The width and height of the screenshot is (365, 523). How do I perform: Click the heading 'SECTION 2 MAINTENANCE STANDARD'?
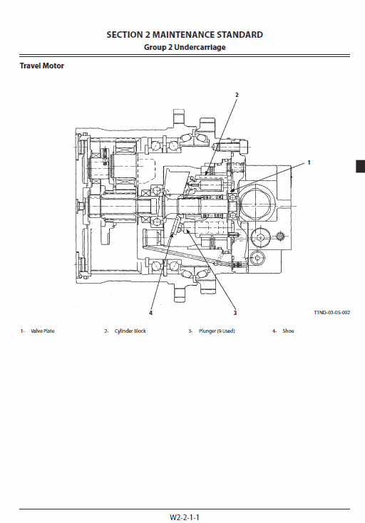pyautogui.click(x=184, y=34)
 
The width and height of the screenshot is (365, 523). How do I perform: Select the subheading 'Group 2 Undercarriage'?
pyautogui.click(x=184, y=47)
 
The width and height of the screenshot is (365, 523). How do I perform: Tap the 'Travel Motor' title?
pyautogui.click(x=41, y=66)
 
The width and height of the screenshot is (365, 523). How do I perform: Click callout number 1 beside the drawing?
pyautogui.click(x=309, y=162)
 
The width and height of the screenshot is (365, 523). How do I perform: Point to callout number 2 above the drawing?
pyautogui.click(x=237, y=95)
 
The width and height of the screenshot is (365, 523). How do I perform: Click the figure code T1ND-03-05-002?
pyautogui.click(x=332, y=312)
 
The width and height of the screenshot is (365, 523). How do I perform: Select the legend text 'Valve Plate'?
pyautogui.click(x=43, y=331)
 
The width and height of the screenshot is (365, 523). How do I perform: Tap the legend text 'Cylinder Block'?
pyautogui.click(x=130, y=331)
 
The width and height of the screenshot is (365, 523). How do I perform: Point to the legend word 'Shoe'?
pyautogui.click(x=288, y=331)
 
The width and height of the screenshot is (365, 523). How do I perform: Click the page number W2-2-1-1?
pyautogui.click(x=184, y=517)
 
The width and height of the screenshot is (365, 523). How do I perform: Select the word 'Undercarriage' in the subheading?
pyautogui.click(x=205, y=47)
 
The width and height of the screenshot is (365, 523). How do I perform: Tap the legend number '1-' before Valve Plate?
pyautogui.click(x=23, y=331)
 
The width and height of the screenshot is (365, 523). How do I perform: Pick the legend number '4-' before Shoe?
pyautogui.click(x=274, y=331)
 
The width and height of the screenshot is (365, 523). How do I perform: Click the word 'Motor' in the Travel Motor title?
pyautogui.click(x=53, y=66)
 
